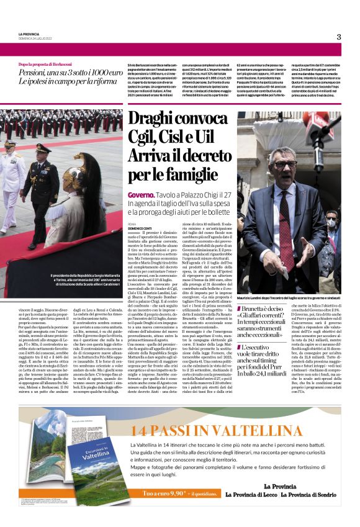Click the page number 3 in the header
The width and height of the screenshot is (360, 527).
click(339, 37)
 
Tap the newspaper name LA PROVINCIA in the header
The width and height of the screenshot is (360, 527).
click(30, 34)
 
